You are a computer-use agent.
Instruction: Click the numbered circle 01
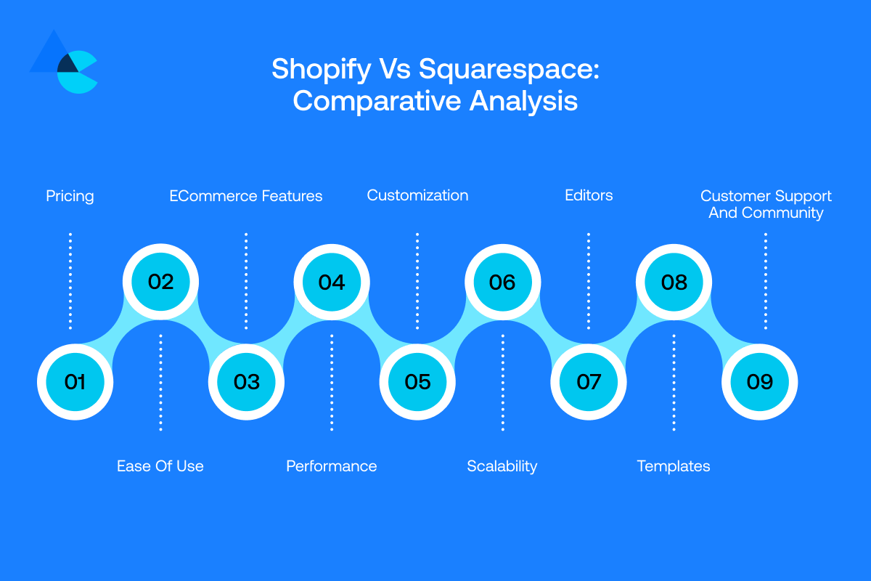click(x=75, y=382)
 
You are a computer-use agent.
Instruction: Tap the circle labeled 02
click(x=160, y=282)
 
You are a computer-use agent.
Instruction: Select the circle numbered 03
click(x=246, y=382)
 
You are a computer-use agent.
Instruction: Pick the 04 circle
click(x=332, y=282)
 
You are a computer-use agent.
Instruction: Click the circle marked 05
click(x=417, y=382)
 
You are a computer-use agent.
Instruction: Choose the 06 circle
click(x=502, y=282)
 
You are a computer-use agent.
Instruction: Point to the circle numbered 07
click(x=588, y=382)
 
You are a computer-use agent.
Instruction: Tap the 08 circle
click(x=674, y=282)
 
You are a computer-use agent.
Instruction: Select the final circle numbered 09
click(x=759, y=382)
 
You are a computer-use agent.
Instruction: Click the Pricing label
click(x=70, y=196)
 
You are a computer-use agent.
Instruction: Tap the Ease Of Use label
click(x=160, y=466)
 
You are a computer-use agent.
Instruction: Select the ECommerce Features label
click(x=246, y=196)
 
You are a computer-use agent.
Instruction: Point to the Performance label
click(x=332, y=466)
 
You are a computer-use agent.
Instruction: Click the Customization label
click(x=417, y=195)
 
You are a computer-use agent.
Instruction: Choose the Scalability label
click(x=502, y=466)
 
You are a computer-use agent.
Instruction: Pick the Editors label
click(x=589, y=195)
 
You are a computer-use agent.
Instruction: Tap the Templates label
click(x=674, y=466)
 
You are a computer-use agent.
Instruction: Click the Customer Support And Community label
click(x=766, y=204)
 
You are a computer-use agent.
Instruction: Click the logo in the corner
click(x=64, y=63)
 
